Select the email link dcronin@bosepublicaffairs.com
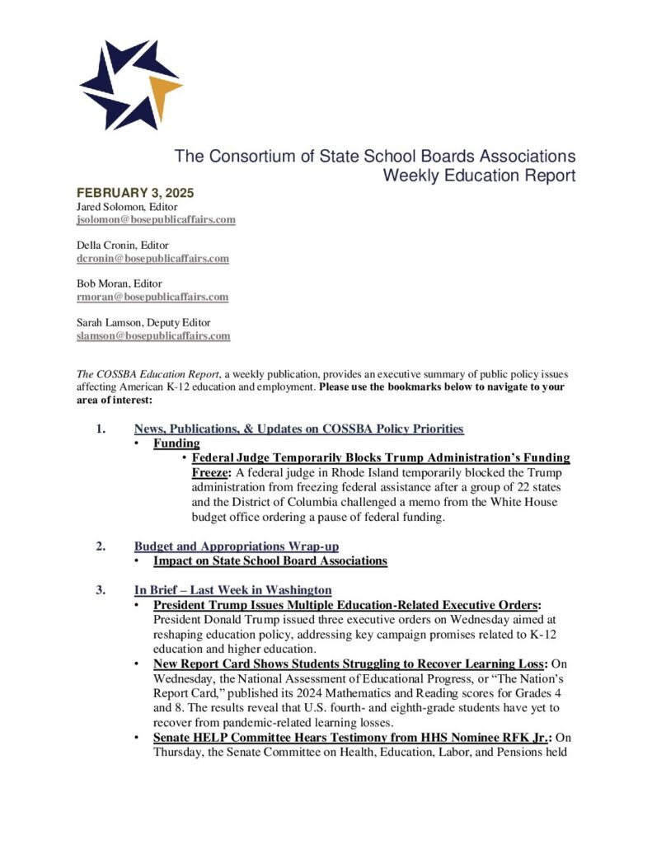coord(152,258)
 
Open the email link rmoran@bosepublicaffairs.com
coord(152,297)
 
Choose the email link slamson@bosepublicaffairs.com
coord(153,335)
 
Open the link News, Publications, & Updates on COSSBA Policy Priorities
coord(298,429)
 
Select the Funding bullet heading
coord(176,443)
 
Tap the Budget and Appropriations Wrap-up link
coord(236,546)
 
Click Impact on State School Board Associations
coord(270,560)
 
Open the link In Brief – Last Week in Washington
coord(232,589)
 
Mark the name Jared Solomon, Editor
coord(123,207)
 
